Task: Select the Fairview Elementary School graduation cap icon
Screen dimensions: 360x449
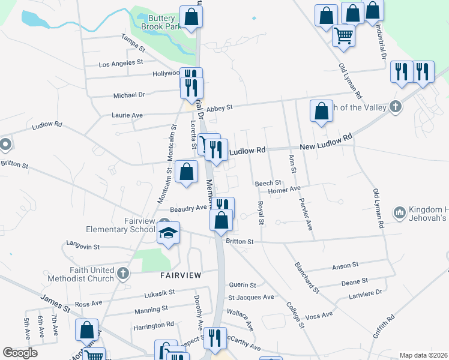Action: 169,232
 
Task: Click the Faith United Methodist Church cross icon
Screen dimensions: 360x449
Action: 123,274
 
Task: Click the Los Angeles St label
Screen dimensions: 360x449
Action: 121,62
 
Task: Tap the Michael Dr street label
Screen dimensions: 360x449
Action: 129,95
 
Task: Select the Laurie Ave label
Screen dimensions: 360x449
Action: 127,115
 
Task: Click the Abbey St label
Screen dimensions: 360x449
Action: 219,109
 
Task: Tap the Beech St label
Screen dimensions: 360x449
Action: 268,183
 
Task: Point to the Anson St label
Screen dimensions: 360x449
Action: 345,264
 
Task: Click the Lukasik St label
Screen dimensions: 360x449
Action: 159,293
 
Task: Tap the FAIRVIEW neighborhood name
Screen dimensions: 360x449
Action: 180,275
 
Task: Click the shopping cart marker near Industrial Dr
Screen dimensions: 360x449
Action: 344,35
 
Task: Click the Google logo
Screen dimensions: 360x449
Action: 20,353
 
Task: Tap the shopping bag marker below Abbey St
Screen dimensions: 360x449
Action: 321,111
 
